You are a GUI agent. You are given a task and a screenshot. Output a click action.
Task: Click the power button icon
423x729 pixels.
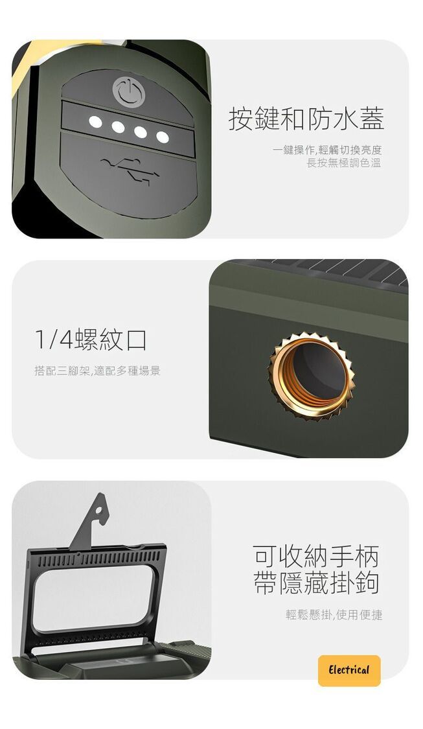tap(129, 91)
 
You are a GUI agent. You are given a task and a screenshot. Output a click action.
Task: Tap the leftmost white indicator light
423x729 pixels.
tap(95, 122)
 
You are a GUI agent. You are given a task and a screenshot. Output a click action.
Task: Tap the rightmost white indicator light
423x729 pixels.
tap(162, 137)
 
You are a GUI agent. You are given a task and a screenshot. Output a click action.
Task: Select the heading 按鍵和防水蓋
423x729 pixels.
tap(306, 119)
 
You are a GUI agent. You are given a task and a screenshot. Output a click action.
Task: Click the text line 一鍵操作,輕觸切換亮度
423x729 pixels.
tap(327, 150)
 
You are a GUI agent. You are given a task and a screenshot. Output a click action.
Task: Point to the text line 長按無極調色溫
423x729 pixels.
tap(343, 163)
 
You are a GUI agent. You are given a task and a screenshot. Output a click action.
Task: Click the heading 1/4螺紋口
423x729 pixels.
tap(91, 340)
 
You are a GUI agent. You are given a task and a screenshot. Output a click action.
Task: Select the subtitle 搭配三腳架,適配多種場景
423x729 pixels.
tap(97, 371)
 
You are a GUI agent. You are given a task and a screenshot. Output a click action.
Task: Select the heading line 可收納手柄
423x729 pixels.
tap(316, 555)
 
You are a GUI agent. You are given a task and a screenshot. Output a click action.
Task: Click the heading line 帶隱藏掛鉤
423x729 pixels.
tap(316, 583)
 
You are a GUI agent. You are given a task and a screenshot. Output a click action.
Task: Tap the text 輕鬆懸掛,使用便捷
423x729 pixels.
tap(334, 615)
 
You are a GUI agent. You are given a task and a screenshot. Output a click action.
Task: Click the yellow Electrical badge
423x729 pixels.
tap(349, 671)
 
